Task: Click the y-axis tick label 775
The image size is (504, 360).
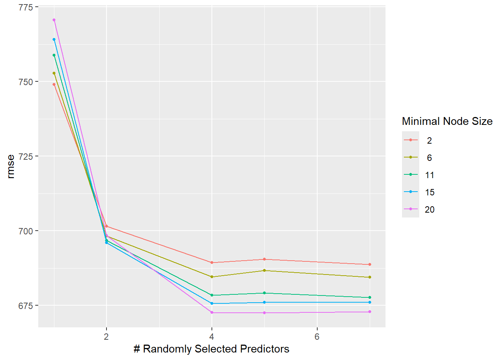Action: coord(25,7)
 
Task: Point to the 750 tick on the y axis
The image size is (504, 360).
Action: coord(25,82)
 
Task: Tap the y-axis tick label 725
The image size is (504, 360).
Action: coord(25,156)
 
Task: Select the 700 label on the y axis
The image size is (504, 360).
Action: coord(25,231)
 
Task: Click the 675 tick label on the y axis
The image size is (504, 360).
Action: coord(25,306)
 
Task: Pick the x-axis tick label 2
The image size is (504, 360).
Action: coord(106,336)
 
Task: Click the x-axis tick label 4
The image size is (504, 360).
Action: coord(212,336)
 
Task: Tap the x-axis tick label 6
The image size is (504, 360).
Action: coord(317,336)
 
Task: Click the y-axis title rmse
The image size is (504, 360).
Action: coord(11,166)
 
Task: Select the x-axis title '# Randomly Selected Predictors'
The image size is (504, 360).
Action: coord(211,349)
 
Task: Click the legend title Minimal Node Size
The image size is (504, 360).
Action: coord(447,121)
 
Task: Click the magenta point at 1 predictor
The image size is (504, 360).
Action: coord(54,20)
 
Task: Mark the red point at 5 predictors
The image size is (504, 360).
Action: coord(264,259)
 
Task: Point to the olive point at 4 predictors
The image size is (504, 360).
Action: coord(212,277)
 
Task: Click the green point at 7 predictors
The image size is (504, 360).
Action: coord(370,297)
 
